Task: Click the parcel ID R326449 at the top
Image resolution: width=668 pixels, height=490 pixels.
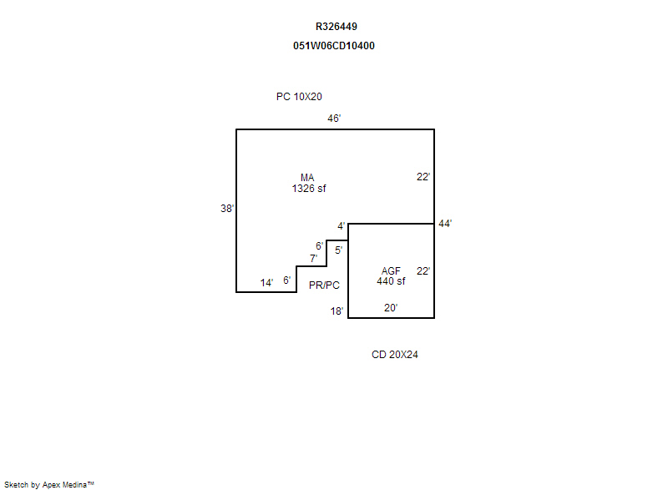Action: [x=337, y=27]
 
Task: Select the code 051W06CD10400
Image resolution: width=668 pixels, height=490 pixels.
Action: [x=333, y=46]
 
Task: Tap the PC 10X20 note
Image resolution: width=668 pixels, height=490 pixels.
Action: [x=299, y=97]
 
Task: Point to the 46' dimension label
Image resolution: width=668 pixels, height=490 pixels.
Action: [x=334, y=119]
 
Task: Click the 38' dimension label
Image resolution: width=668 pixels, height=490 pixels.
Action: [x=227, y=208]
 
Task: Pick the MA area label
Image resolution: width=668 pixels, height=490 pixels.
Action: [x=307, y=178]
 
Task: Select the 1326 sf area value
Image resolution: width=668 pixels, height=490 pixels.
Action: [x=309, y=188]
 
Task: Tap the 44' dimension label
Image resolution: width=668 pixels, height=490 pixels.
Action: [x=445, y=224]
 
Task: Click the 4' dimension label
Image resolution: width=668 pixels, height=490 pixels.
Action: [x=342, y=226]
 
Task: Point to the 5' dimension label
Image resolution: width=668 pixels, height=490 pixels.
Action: [x=339, y=250]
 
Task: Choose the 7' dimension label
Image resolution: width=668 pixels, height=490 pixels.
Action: [x=314, y=259]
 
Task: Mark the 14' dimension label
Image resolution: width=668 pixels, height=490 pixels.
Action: [x=266, y=283]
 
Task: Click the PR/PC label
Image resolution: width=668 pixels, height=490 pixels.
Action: [x=324, y=285]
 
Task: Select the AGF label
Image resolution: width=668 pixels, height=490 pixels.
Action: [x=391, y=271]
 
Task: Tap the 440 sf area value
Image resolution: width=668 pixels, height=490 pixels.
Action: [x=391, y=281]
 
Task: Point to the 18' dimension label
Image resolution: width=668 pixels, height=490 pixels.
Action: [x=337, y=311]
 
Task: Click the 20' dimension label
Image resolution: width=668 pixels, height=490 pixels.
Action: [x=391, y=308]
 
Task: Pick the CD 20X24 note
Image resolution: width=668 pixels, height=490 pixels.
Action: [x=395, y=355]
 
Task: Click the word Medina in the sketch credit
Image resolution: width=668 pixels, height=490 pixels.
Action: [x=74, y=484]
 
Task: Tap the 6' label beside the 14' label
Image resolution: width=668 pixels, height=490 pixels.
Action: [x=287, y=280]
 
